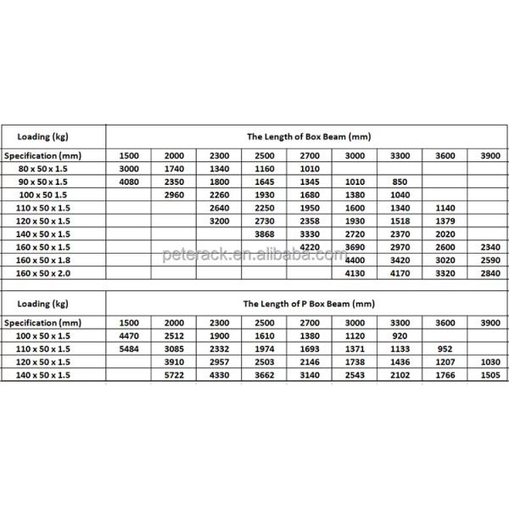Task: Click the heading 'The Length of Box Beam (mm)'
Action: tap(309, 136)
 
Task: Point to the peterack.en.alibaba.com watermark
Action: tap(255, 254)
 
